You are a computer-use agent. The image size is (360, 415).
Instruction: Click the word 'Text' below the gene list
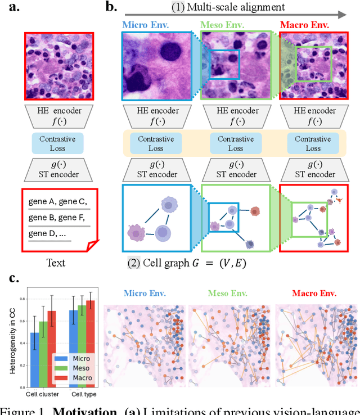coord(56,262)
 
